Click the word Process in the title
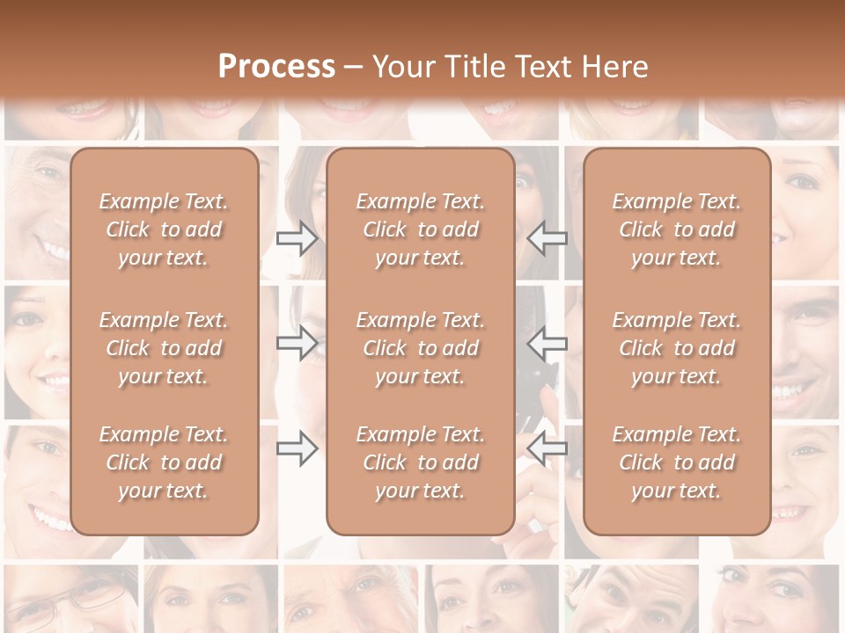[x=276, y=67]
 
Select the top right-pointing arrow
[x=297, y=238]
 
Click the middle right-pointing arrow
[x=297, y=343]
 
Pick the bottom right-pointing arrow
[x=297, y=448]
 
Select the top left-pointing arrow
[x=547, y=238]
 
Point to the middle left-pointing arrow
[x=547, y=343]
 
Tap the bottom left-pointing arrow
[x=547, y=448]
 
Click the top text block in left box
[x=164, y=229]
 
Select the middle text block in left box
[x=164, y=348]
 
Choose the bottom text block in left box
[x=164, y=462]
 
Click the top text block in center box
[x=420, y=229]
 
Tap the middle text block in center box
[x=420, y=348]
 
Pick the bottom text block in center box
[x=420, y=462]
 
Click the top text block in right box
[x=677, y=229]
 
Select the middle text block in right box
[x=677, y=348]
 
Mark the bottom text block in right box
[x=677, y=462]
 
